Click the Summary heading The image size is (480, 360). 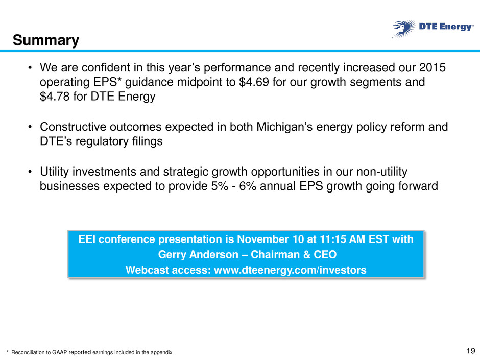pyautogui.click(x=46, y=40)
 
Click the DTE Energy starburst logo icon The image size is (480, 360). pyautogui.click(x=404, y=29)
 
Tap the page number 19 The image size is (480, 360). pyautogui.click(x=470, y=351)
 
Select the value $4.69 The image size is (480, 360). pyautogui.click(x=254, y=82)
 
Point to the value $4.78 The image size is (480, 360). pyautogui.click(x=55, y=97)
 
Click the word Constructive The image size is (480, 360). pyautogui.click(x=73, y=127)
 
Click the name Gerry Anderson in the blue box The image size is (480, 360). pyautogui.click(x=198, y=254)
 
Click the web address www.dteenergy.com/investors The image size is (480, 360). pyautogui.click(x=290, y=270)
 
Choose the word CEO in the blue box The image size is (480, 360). pyautogui.click(x=325, y=254)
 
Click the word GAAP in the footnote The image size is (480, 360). pyautogui.click(x=61, y=352)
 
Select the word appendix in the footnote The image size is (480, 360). pyautogui.click(x=162, y=353)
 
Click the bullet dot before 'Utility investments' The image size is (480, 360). pyautogui.click(x=30, y=172)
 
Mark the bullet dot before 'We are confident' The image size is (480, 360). pyautogui.click(x=30, y=67)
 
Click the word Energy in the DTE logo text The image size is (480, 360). pyautogui.click(x=456, y=27)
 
